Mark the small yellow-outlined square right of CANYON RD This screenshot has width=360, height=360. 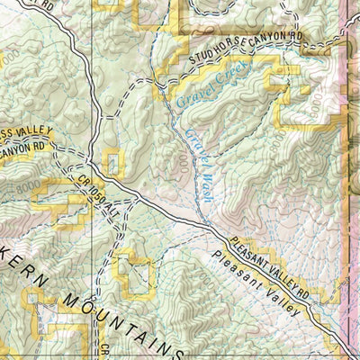112,165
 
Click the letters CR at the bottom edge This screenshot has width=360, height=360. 103,351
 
